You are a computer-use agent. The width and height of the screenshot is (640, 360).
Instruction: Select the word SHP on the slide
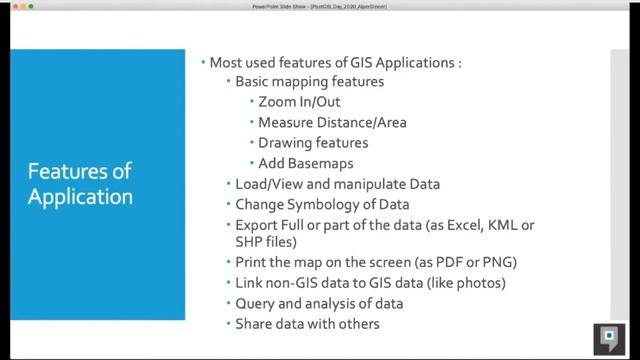(x=250, y=242)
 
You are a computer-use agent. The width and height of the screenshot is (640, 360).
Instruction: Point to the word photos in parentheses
(x=480, y=283)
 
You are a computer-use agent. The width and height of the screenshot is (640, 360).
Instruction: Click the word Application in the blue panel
(x=80, y=196)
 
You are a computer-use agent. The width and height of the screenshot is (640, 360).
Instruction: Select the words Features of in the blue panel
(x=80, y=171)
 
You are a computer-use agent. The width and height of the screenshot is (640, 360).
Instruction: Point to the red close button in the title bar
(x=8, y=7)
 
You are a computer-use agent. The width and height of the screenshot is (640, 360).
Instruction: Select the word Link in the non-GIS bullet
(x=249, y=283)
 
